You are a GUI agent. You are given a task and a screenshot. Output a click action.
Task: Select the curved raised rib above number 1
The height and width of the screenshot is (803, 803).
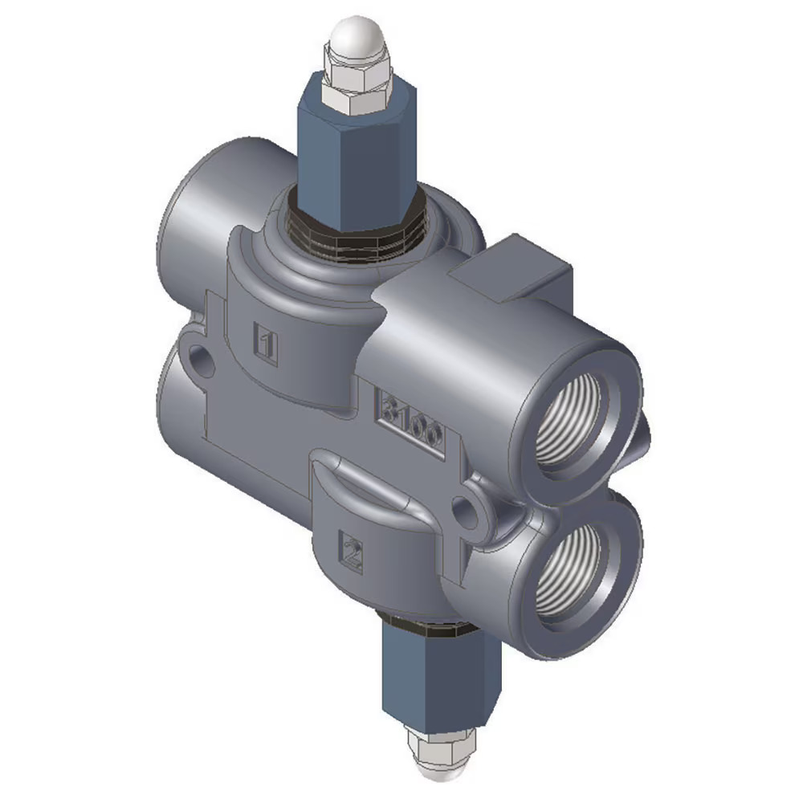289,265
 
